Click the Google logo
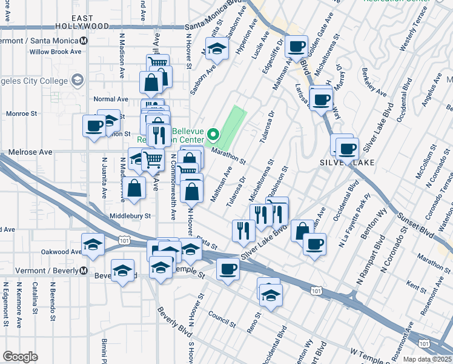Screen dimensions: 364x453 (x=20, y=357)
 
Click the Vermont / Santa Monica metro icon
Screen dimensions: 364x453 (x=84, y=41)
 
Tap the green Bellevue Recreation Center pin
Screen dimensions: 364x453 (x=213, y=133)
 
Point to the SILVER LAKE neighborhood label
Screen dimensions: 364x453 (x=347, y=163)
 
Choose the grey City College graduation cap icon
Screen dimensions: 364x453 (x=78, y=79)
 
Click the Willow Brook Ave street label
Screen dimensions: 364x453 (x=59, y=52)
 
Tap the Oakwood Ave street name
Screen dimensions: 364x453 (x=61, y=252)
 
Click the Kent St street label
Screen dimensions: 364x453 (x=417, y=284)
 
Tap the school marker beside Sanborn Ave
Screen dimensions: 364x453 (x=216, y=49)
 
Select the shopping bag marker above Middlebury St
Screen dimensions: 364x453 (x=136, y=188)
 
